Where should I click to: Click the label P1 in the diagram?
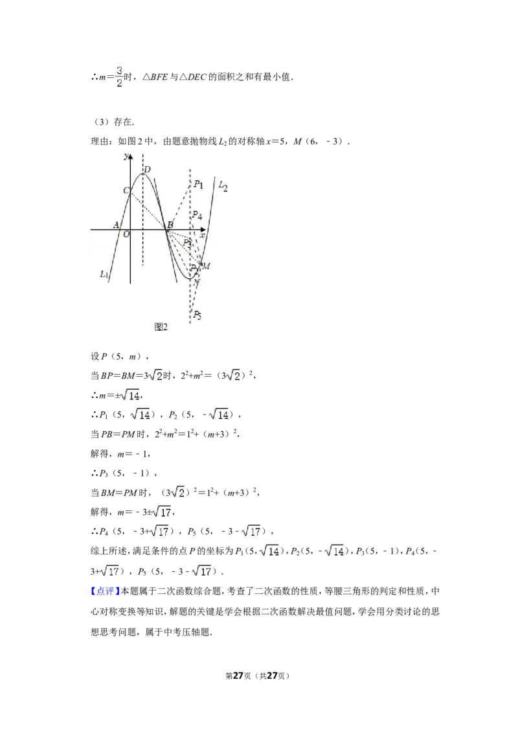click(x=198, y=184)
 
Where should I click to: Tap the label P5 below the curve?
click(x=197, y=315)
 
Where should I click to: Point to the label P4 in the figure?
click(x=197, y=216)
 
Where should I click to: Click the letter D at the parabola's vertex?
click(x=147, y=169)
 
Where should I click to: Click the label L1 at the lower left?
click(x=104, y=274)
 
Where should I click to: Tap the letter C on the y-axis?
click(x=126, y=191)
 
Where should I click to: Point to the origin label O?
click(x=126, y=234)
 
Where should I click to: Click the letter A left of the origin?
click(x=117, y=225)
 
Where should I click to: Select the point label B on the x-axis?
click(x=171, y=225)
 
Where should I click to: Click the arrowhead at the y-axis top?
click(x=130, y=156)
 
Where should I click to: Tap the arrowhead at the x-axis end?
click(x=203, y=230)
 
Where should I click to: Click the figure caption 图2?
click(x=161, y=327)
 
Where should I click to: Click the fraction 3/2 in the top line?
click(x=119, y=77)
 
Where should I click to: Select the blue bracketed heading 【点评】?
click(x=105, y=591)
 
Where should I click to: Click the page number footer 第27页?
click(x=238, y=676)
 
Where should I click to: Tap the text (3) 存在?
click(x=112, y=122)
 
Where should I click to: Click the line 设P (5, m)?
click(x=120, y=356)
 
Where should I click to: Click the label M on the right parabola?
click(x=206, y=266)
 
